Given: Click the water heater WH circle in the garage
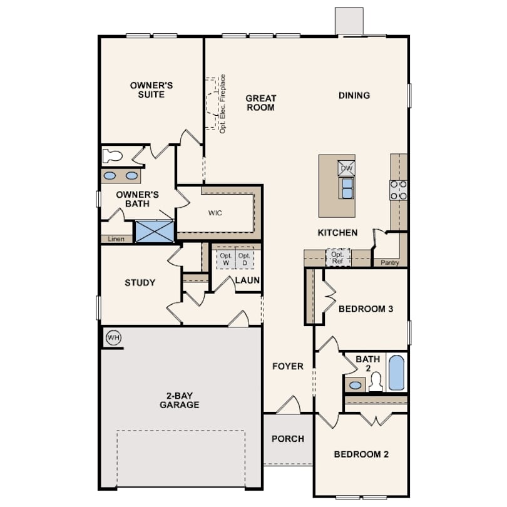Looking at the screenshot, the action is pos(113,338).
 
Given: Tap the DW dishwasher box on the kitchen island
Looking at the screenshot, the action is pos(346,168).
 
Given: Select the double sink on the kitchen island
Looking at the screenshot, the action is pos(347,188).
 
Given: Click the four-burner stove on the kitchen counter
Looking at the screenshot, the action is pos(398,190).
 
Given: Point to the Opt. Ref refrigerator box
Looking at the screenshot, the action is pos(337,257).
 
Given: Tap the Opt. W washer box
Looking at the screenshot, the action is pos(226,259).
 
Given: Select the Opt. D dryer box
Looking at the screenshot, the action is pos(245,259).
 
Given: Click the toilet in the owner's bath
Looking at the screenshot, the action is pos(112,156).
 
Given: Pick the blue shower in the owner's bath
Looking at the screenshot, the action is pos(155,231).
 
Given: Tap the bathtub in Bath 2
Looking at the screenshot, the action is pos(396,373).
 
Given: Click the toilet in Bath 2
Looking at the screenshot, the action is pos(376,382).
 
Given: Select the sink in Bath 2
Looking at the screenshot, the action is pos(355,385).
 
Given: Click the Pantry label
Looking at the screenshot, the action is pos(389,262).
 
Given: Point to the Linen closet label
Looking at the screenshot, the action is pos(116,239).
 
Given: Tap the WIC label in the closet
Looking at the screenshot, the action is pos(215,213).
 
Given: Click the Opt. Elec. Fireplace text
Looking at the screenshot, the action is pos(222,104).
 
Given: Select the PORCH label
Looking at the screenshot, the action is pos(288,439).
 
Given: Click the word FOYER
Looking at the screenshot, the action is pos(288,366).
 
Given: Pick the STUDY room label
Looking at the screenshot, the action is pos(140,282).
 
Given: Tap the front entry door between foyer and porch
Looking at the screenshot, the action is pos(289,405).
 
